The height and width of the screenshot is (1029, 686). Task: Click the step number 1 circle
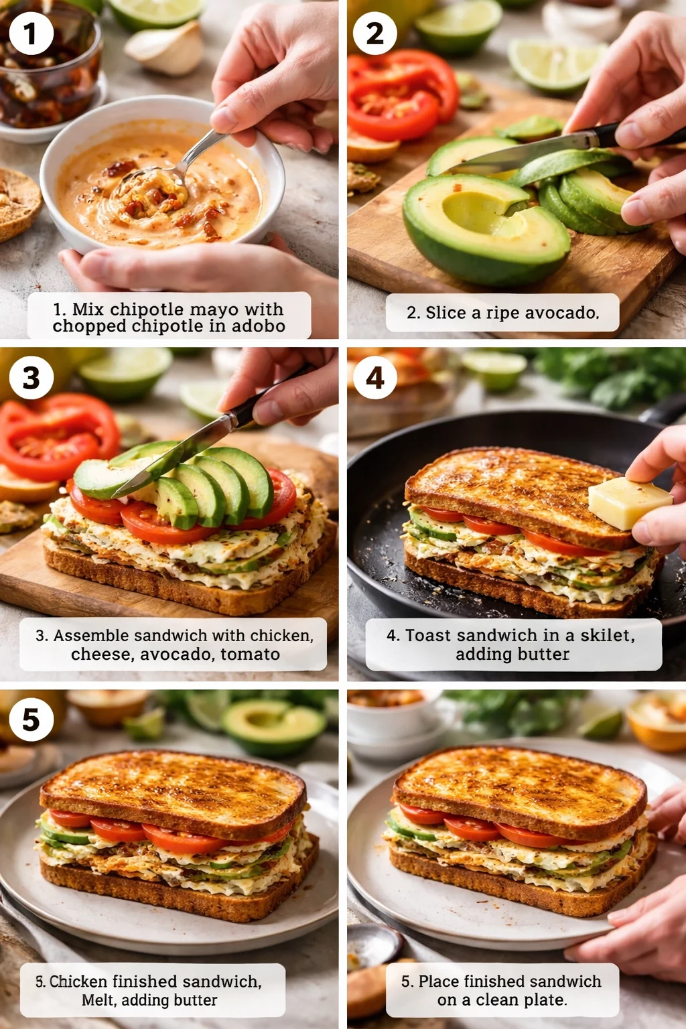[31, 33]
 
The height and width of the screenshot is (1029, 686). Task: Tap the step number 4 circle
[375, 378]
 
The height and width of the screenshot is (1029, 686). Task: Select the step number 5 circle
[31, 720]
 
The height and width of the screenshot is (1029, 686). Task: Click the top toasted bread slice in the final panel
[519, 791]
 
